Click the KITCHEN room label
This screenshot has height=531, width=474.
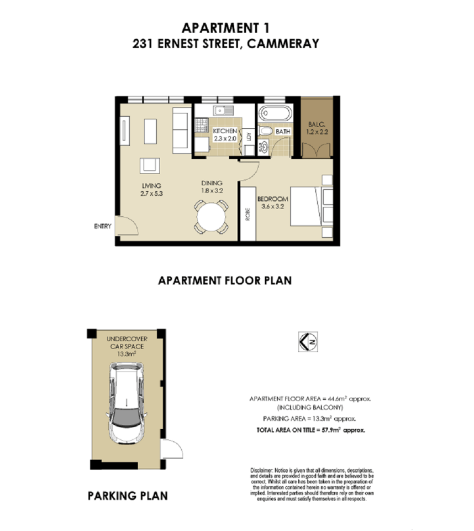click(x=224, y=132)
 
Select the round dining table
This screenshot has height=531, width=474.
click(x=210, y=216)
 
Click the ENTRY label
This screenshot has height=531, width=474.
click(x=103, y=226)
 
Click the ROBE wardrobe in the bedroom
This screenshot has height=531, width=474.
click(x=247, y=214)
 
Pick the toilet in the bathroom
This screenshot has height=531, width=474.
click(x=266, y=132)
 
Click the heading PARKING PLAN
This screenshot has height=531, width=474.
click(x=127, y=496)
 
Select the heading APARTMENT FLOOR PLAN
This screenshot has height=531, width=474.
click(x=225, y=280)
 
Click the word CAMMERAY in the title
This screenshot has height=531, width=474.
click(x=285, y=44)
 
